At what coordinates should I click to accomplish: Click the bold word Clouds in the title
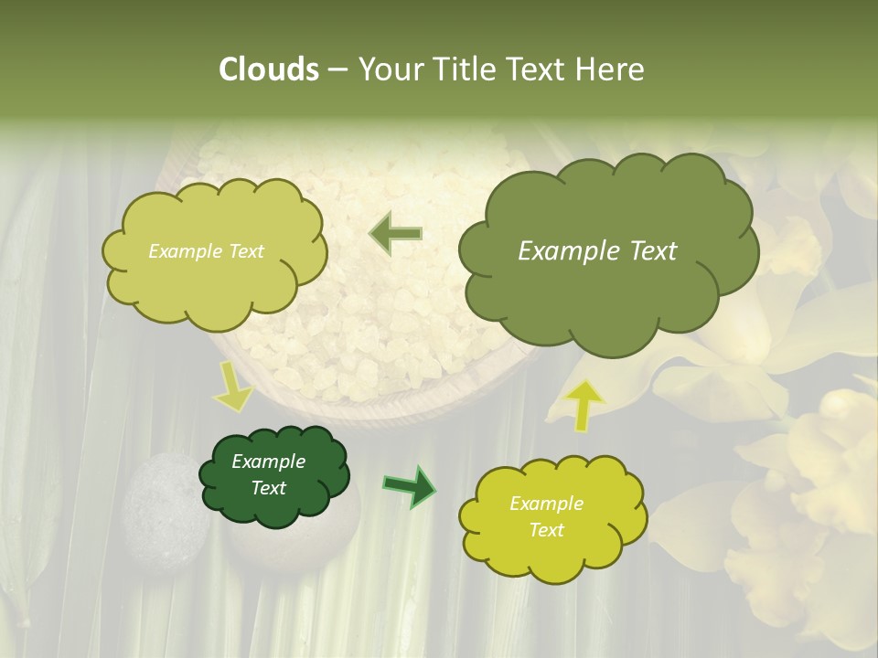click(269, 69)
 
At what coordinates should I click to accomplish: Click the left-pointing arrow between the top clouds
click(395, 234)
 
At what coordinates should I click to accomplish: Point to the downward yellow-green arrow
click(232, 386)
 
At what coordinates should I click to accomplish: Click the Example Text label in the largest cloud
click(597, 251)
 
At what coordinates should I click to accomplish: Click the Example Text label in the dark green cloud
click(268, 474)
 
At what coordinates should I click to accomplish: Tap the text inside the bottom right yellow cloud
click(546, 516)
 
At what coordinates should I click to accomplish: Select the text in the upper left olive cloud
click(206, 251)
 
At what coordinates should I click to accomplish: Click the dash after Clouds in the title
click(337, 69)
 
